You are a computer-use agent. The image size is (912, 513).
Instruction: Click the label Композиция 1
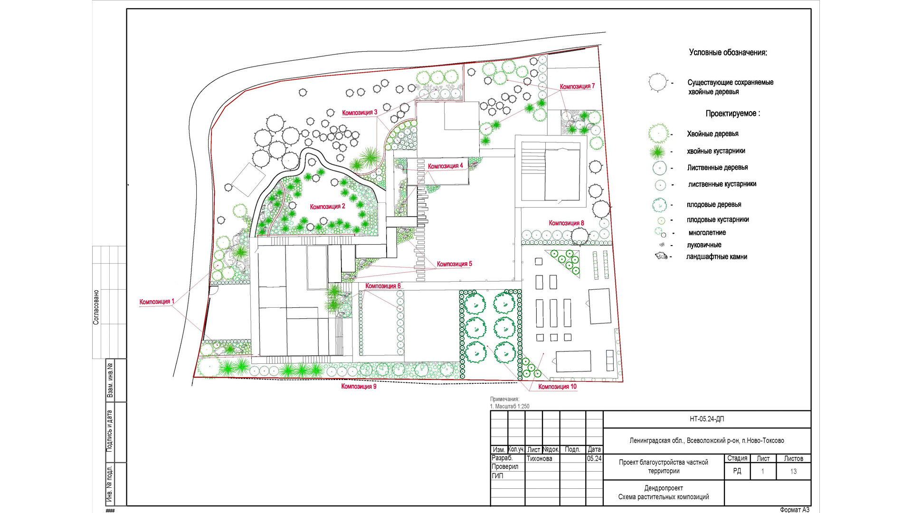[157, 302]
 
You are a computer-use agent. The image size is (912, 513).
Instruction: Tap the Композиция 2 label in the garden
[328, 207]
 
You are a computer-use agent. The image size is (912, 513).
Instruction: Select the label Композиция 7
[577, 86]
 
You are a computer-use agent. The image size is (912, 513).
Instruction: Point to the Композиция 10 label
[557, 387]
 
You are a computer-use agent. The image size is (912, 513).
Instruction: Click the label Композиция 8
[566, 223]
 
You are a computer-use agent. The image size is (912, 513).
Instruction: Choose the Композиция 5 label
[455, 264]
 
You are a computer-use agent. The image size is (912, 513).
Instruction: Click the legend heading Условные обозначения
[728, 53]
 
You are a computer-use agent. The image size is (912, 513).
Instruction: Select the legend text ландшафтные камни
[717, 257]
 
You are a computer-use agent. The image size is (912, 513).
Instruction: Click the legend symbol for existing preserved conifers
[658, 83]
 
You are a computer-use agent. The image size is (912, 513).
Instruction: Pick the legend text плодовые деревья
[714, 205]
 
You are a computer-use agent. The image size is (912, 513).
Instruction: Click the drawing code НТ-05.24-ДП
[707, 419]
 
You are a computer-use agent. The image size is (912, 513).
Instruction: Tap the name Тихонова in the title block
[539, 458]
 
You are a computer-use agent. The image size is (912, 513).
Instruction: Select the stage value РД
[737, 471]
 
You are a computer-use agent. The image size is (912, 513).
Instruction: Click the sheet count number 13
[793, 471]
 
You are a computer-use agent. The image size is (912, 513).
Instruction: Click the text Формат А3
[794, 510]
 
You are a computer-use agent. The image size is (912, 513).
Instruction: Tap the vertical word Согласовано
[96, 307]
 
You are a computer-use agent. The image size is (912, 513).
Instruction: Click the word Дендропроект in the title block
[664, 488]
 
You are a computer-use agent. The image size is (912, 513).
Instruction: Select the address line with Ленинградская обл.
[707, 441]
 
